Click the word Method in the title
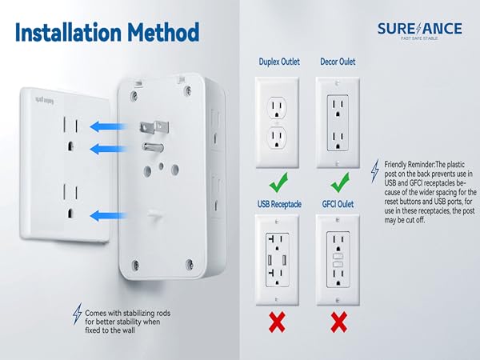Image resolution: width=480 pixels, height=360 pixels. point(159,33)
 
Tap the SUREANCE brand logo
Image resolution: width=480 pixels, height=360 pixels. point(420,30)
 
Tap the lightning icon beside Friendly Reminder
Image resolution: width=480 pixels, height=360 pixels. point(375,170)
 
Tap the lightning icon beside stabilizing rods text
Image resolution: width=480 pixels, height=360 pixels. point(77,312)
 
